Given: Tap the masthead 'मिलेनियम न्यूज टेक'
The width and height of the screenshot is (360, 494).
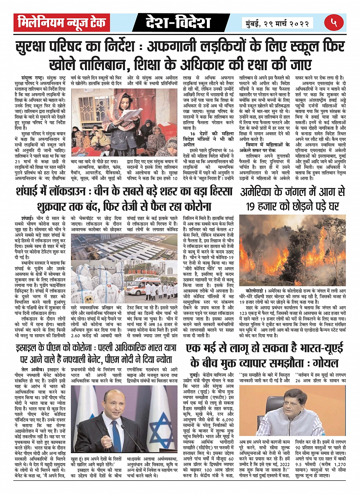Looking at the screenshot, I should [x=62, y=23].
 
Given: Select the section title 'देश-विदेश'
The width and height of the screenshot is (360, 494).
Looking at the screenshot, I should [x=178, y=23].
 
